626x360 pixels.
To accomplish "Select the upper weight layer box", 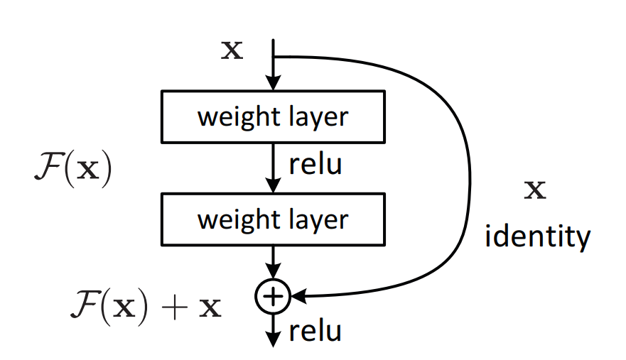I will (x=274, y=116).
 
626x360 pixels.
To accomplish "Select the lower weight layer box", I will (x=274, y=219).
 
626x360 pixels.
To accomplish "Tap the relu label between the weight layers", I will (x=315, y=165).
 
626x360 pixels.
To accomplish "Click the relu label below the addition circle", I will (x=315, y=331).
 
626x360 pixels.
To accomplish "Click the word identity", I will (x=537, y=237).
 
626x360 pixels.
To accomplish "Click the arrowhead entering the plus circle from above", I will (x=274, y=273).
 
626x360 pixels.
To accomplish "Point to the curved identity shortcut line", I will (x=468, y=178).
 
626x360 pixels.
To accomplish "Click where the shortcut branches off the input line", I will (x=274, y=57).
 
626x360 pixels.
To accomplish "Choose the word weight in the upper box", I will (x=232, y=116).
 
